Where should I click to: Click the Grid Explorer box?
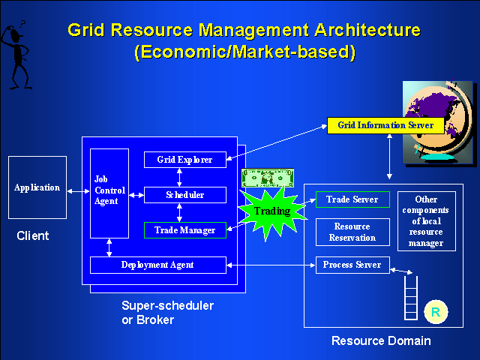tap(184, 160)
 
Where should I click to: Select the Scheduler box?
tap(184, 195)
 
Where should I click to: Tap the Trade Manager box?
tap(184, 230)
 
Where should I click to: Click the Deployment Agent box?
tap(157, 265)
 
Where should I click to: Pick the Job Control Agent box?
tap(109, 193)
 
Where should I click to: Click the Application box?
tap(37, 187)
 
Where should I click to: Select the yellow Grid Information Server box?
tap(385, 125)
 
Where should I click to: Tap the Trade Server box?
tap(352, 199)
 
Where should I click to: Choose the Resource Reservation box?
tap(352, 232)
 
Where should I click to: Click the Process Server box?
tap(352, 265)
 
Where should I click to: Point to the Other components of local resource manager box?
tap(426, 221)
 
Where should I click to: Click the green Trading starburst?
tap(271, 211)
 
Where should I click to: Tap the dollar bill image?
tap(267, 178)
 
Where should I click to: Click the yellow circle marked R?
tap(435, 311)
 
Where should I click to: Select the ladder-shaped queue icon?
tap(410, 297)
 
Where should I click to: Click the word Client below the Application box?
tap(32, 236)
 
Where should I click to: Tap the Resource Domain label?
tap(381, 341)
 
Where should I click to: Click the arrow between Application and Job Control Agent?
tap(78, 193)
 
